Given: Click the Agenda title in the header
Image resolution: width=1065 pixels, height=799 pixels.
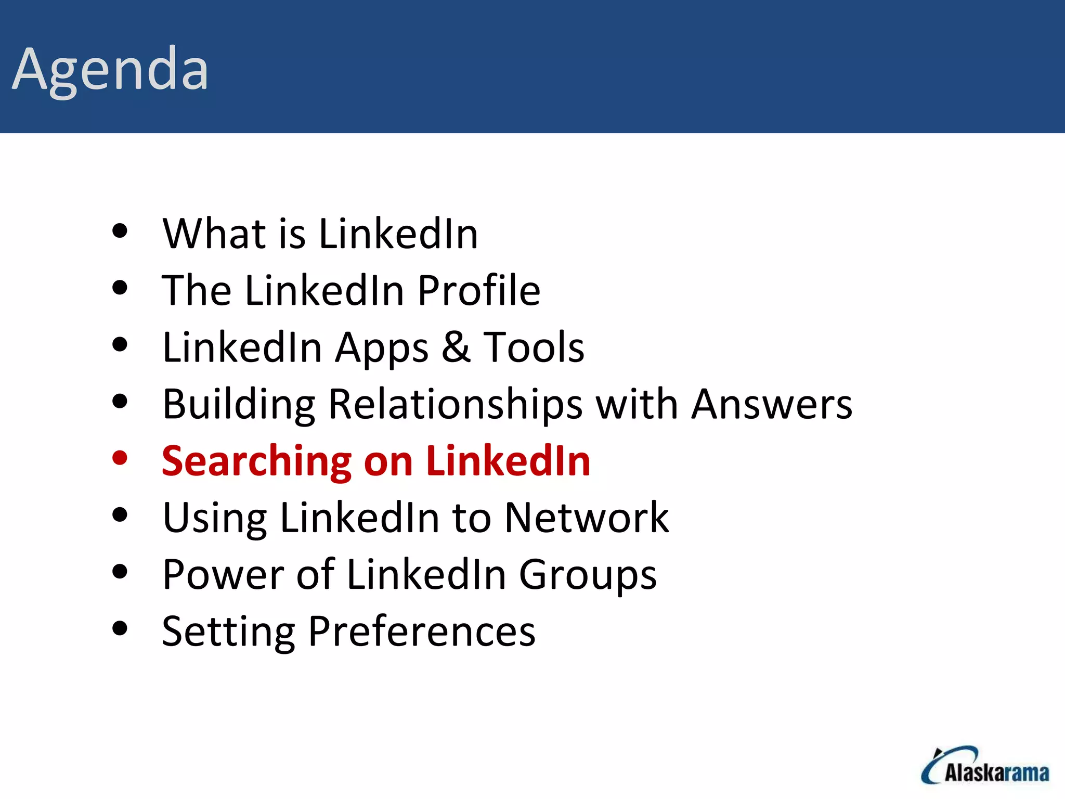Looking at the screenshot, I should coord(110,70).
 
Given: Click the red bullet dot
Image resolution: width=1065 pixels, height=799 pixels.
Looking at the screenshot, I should coord(120,458).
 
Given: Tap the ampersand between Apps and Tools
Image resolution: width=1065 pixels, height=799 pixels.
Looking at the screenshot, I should coord(456,347).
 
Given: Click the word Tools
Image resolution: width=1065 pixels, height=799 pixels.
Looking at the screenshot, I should coord(534,347).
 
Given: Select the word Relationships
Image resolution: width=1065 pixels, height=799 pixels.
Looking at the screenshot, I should coord(456,404).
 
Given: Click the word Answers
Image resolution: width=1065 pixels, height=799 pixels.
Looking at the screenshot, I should coord(772,404).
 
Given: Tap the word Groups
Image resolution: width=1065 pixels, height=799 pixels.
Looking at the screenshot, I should coord(588,575).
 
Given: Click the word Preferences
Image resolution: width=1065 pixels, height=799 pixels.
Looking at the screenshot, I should coord(421,632).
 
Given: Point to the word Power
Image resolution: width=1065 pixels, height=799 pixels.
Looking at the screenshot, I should coord(223,575).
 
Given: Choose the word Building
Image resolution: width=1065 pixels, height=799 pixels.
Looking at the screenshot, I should coord(239,404).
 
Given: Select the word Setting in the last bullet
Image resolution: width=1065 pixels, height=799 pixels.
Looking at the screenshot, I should coord(228,632).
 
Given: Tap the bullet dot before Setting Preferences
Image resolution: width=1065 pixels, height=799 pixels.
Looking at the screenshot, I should coord(120,628).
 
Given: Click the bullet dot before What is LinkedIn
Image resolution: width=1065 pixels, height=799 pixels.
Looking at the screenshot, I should coord(120,230).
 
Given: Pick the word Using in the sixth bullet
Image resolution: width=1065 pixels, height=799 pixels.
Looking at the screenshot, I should coord(215,519).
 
